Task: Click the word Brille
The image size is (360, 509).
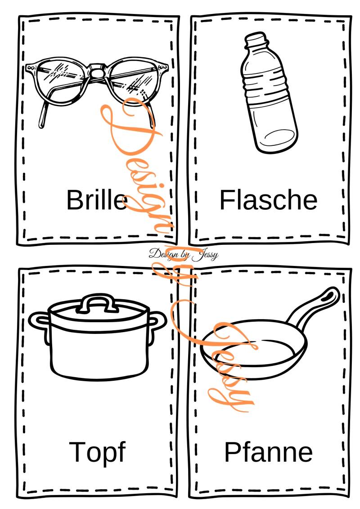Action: click(97, 199)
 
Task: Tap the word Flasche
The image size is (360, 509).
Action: click(269, 200)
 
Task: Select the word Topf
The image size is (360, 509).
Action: click(97, 452)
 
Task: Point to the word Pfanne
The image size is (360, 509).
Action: click(269, 452)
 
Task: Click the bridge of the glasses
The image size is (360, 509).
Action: click(96, 72)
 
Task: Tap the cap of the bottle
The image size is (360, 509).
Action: click(256, 39)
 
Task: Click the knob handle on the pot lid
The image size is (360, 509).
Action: click(96, 303)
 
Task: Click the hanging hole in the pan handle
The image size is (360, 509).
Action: click(331, 295)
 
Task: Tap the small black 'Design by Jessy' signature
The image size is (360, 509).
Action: click(184, 254)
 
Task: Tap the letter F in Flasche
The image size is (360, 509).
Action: click(227, 200)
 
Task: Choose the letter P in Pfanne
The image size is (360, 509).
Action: click(232, 452)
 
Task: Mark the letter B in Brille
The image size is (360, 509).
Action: click(75, 199)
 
